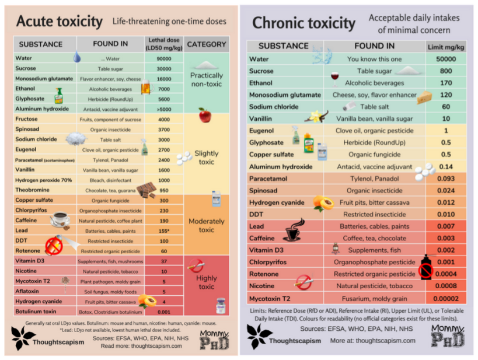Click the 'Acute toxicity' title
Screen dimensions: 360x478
tap(59, 22)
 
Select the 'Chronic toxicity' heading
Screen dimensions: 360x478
tap(303, 23)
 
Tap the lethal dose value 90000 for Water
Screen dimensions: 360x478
tap(163, 58)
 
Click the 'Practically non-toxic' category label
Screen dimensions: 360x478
tap(207, 79)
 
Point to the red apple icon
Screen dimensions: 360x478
tap(205, 114)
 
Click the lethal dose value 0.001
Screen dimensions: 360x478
tap(163, 312)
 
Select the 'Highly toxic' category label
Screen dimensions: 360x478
tap(207, 282)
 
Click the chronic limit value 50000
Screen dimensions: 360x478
tap(446, 59)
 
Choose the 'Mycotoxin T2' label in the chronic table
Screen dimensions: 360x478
tap(275, 298)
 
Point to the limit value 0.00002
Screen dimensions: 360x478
tap(446, 298)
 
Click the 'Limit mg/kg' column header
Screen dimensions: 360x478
tap(446, 46)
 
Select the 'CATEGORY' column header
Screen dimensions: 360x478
tap(207, 44)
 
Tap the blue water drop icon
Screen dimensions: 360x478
tap(77, 57)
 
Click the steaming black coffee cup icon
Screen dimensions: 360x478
tap(292, 230)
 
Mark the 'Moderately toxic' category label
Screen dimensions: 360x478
tap(207, 225)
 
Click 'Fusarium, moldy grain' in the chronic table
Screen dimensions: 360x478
tap(374, 298)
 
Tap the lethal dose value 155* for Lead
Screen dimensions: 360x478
tap(163, 231)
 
